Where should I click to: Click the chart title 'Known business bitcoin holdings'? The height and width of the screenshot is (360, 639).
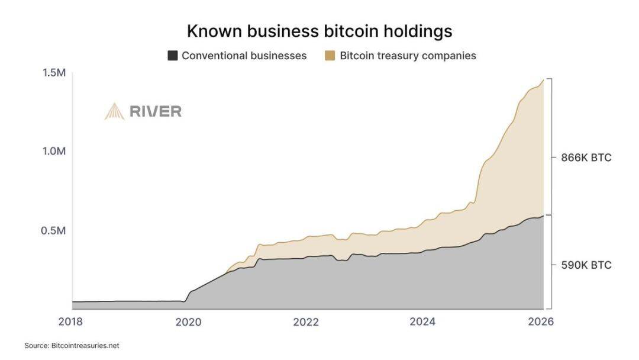(x=319, y=31)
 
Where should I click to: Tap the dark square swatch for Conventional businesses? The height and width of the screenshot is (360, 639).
(x=173, y=56)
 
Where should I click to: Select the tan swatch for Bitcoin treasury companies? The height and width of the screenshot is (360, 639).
(x=330, y=56)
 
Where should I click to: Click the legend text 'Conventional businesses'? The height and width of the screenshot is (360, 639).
(x=244, y=56)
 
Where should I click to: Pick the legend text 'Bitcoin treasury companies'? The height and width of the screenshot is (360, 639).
(x=408, y=56)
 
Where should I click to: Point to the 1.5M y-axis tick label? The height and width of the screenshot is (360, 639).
(x=53, y=72)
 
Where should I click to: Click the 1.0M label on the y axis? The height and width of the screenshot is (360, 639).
(x=53, y=151)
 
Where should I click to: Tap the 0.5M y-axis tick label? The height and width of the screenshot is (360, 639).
(x=53, y=230)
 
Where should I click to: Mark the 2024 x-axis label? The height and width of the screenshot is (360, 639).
(x=423, y=322)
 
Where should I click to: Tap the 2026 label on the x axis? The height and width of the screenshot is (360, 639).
(x=540, y=322)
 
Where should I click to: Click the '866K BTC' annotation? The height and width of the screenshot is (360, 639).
(x=586, y=158)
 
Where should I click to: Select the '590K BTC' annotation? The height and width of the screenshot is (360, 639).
(x=586, y=265)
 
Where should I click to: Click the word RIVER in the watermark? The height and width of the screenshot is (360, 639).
(x=156, y=111)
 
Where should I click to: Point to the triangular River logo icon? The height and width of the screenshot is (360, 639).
(x=114, y=111)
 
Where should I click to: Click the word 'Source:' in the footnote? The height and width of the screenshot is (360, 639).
(x=36, y=345)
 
